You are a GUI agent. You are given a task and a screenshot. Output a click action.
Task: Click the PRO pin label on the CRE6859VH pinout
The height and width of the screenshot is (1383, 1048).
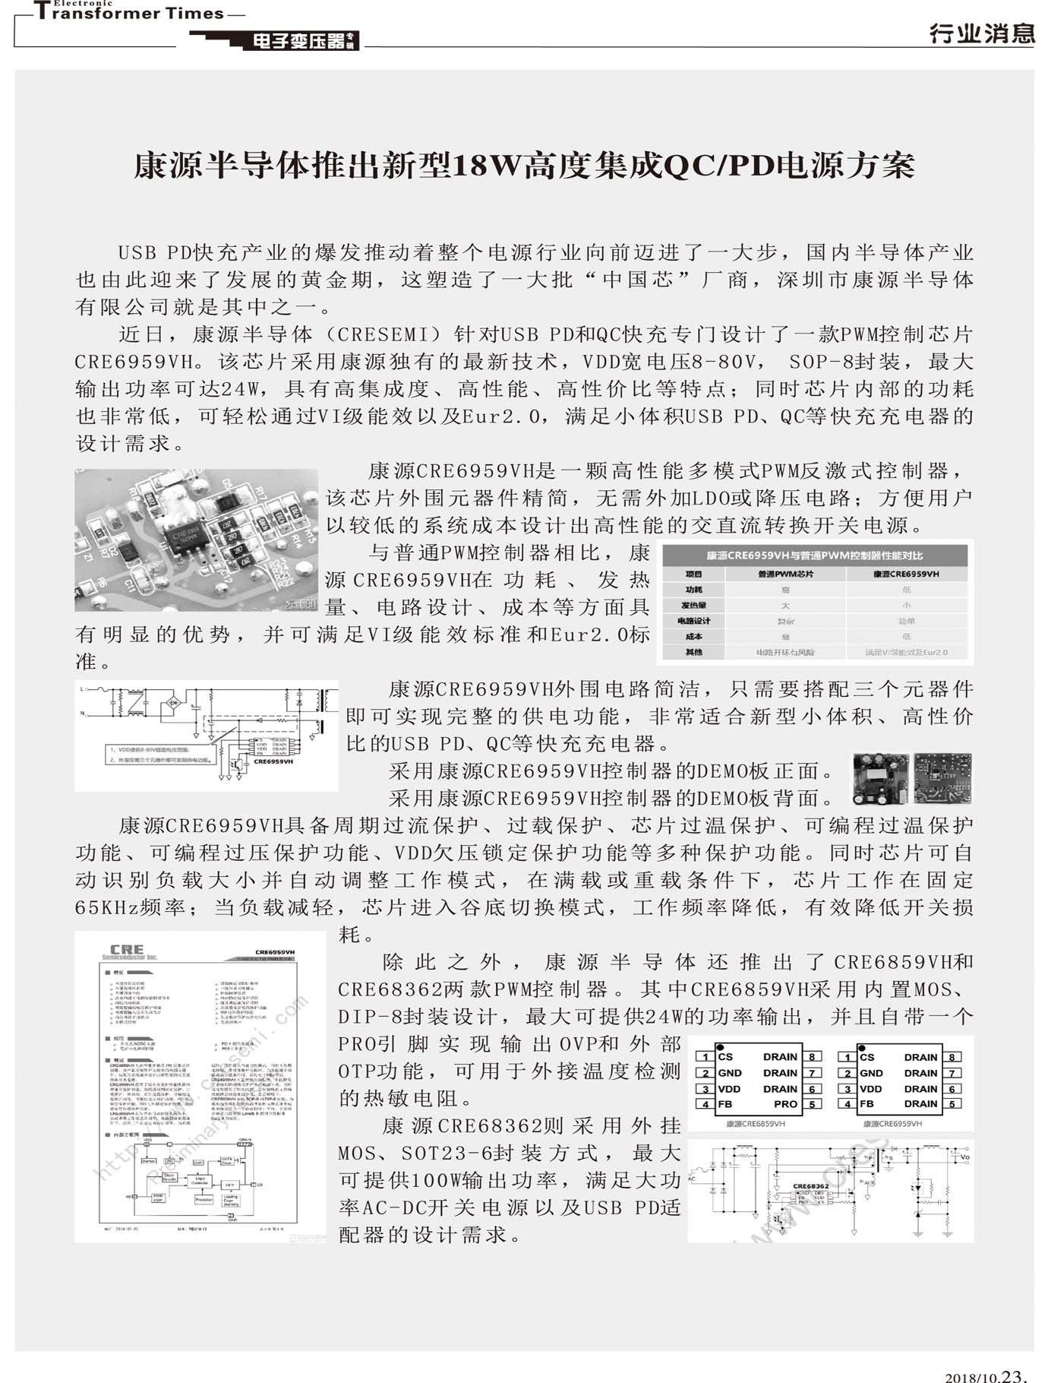click(786, 1104)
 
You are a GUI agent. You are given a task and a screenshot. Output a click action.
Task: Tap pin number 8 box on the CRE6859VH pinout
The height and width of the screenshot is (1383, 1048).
click(812, 1057)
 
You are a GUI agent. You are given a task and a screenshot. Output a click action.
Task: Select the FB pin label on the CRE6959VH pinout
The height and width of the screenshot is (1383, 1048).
click(866, 1104)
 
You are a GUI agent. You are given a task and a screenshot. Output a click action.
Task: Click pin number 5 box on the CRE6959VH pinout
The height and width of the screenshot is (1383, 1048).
click(952, 1104)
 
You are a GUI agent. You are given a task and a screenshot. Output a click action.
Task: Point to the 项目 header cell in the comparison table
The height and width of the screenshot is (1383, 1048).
click(693, 574)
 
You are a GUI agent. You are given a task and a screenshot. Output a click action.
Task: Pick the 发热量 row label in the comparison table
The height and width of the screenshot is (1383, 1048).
click(693, 606)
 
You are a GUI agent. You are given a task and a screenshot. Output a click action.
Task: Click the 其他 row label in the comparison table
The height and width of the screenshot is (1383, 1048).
click(693, 652)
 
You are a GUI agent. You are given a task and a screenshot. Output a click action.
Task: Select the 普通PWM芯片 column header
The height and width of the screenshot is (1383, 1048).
click(785, 574)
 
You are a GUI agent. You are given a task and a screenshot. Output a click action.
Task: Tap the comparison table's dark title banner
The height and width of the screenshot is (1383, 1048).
click(814, 555)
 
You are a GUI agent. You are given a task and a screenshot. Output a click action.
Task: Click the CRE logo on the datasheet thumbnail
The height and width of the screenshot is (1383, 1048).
click(127, 950)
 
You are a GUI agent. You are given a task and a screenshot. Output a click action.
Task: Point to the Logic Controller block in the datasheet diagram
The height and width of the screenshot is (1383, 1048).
click(199, 1182)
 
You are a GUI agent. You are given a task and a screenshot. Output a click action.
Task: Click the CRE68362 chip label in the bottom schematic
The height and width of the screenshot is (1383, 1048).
click(810, 1185)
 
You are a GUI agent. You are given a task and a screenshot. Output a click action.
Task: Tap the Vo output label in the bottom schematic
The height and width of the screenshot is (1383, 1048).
click(964, 1157)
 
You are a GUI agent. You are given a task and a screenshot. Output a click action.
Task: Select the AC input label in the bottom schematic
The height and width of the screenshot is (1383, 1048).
click(692, 1179)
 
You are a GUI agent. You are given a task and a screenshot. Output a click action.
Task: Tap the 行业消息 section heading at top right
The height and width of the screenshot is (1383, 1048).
click(981, 33)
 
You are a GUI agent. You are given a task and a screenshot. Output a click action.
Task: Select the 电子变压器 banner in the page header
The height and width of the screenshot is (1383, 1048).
click(298, 41)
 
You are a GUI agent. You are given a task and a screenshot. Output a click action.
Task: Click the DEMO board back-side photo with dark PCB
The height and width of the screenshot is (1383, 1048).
click(942, 778)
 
